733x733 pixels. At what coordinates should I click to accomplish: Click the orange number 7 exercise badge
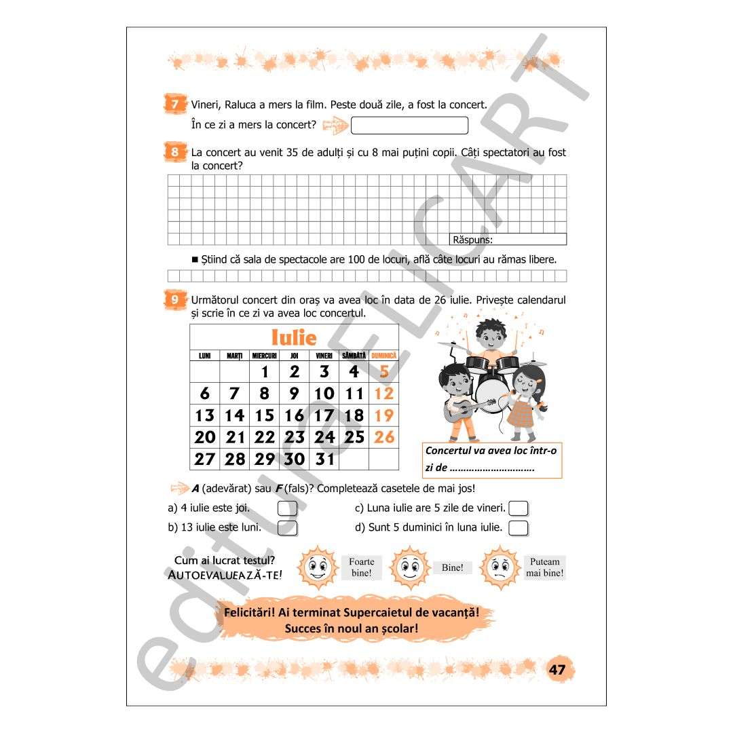[x=175, y=104]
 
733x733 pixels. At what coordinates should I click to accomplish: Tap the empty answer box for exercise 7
[x=409, y=126]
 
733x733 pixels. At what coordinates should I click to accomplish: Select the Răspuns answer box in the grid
[x=508, y=240]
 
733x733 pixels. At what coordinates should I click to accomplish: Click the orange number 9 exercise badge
[x=175, y=300]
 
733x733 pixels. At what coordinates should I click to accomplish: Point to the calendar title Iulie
[x=294, y=337]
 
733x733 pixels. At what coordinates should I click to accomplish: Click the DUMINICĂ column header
[x=383, y=356]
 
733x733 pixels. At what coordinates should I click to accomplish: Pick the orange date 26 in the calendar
[x=384, y=437]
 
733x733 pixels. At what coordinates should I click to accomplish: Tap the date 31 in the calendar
[x=324, y=459]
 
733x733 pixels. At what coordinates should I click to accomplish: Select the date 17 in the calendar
[x=324, y=415]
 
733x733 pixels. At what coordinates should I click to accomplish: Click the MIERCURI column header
[x=264, y=356]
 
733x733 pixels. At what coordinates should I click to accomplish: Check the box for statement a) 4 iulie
[x=287, y=508]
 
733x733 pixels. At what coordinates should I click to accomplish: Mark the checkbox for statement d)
[x=518, y=528]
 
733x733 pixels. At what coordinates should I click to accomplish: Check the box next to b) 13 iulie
[x=287, y=528]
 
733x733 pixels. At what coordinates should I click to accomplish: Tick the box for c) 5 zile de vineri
[x=518, y=508]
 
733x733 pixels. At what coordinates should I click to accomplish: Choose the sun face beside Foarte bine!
[x=318, y=567]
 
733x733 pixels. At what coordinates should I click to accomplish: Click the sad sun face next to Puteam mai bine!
[x=500, y=567]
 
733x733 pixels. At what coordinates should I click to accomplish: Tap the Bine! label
[x=453, y=567]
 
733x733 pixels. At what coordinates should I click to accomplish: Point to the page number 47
[x=557, y=670]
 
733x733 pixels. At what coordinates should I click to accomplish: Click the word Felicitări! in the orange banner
[x=249, y=612]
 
